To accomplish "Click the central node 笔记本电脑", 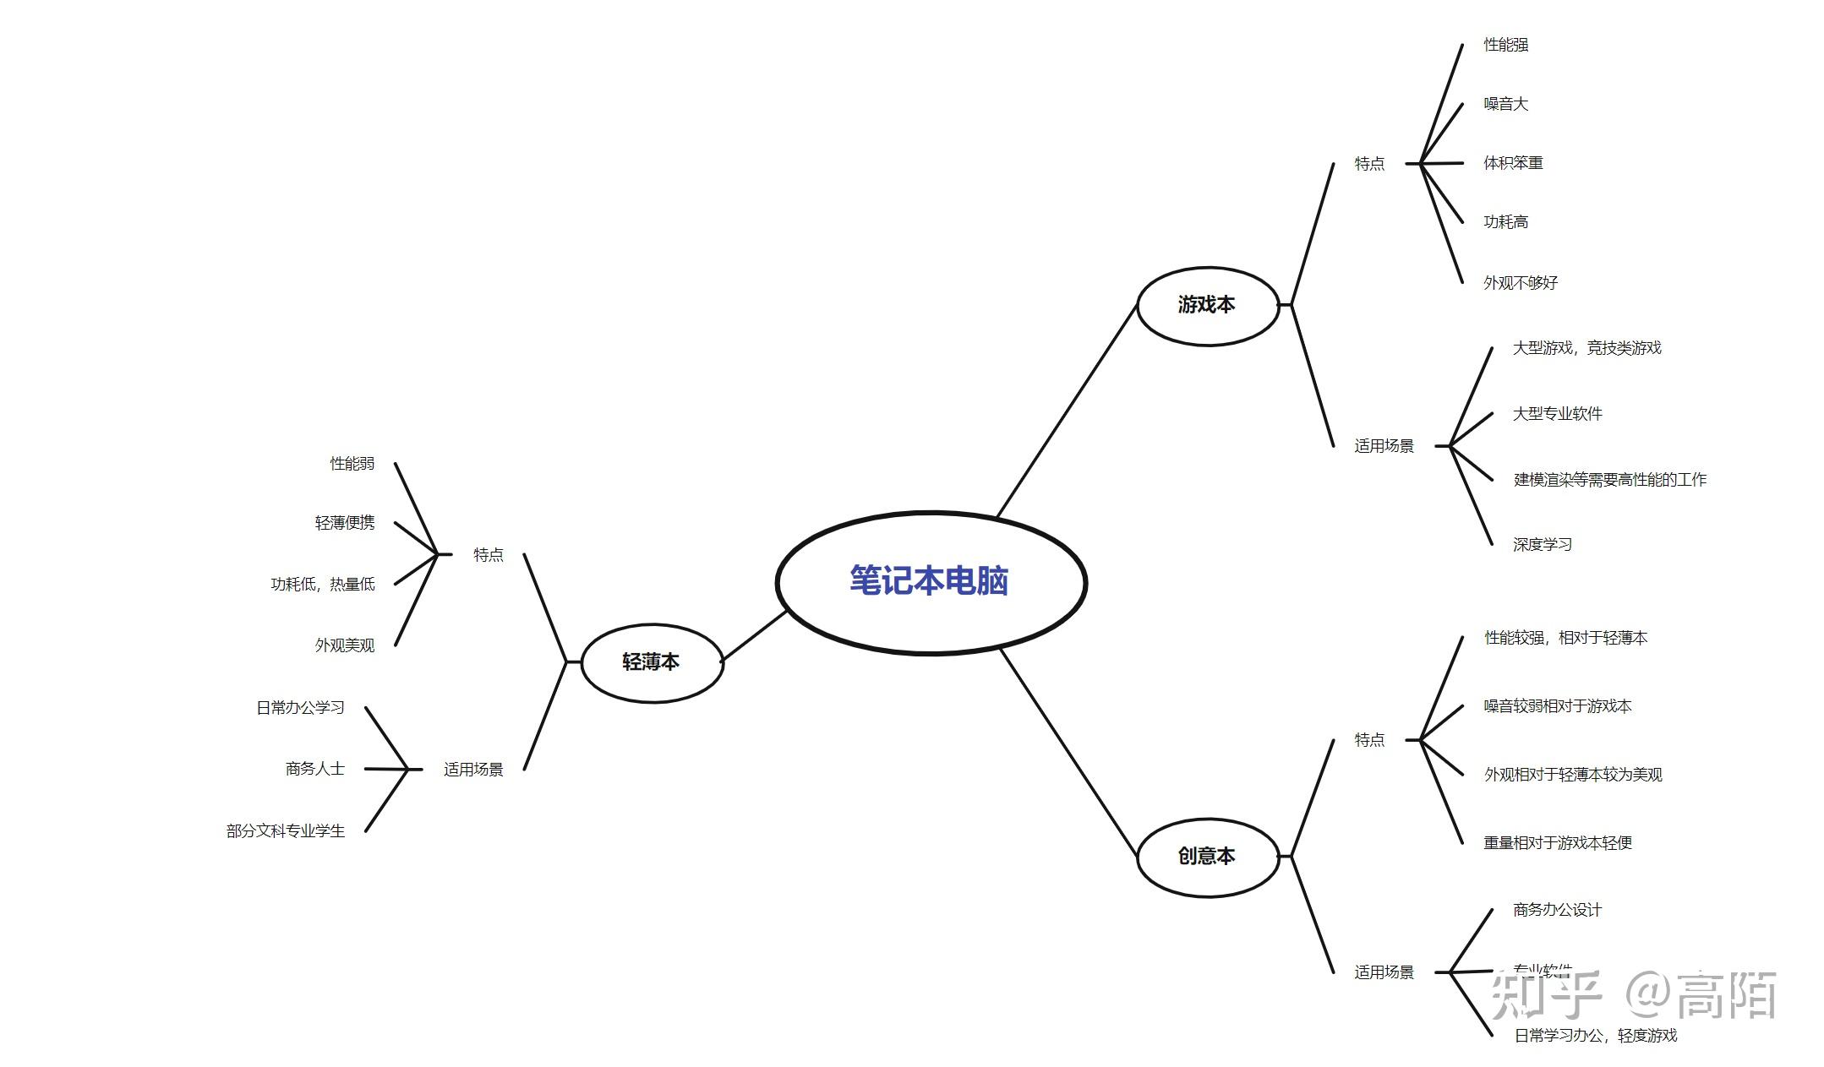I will point(930,581).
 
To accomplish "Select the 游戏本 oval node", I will point(1207,305).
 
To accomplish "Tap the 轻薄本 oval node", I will point(651,662).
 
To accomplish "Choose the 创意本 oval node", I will point(1207,857).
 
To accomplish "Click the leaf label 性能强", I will point(1505,45).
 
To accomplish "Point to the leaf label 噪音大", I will point(1505,104).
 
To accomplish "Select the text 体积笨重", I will point(1513,163).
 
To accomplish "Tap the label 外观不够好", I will point(1520,283).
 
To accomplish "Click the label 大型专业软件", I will point(1557,414).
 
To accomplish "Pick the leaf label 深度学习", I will point(1542,545).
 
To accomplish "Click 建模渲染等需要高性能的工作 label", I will point(1609,480).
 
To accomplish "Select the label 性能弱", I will point(352,464).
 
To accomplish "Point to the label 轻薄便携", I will point(345,523).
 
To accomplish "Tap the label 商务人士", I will point(314,769).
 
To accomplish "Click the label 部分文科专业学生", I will point(286,831).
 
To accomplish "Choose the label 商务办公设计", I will point(1557,910).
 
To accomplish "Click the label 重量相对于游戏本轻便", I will point(1557,843).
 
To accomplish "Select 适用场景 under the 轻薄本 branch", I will point(473,770).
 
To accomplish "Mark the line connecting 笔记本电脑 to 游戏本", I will point(1067,411).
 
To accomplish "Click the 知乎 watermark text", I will point(1545,995).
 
